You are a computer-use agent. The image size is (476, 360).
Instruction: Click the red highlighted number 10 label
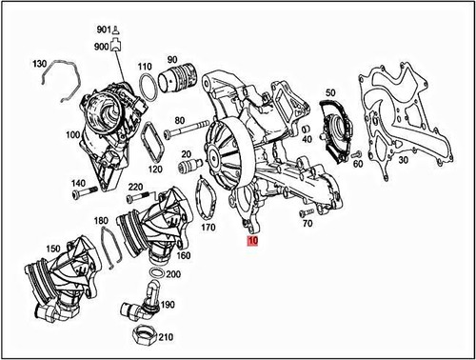tap(251, 242)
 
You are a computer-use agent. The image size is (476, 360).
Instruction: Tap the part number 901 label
tap(102, 30)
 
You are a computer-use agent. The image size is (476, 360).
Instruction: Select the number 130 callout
tap(38, 64)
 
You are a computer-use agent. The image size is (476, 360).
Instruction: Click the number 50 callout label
tap(330, 91)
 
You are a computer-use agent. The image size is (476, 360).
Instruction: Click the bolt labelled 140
tap(86, 193)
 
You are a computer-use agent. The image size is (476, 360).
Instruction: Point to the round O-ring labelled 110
tap(146, 90)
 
